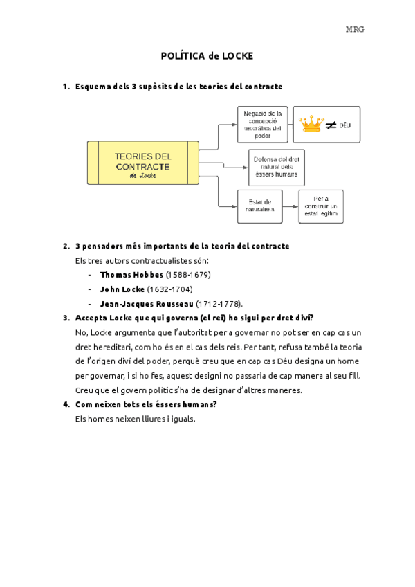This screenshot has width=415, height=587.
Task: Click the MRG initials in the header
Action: click(355, 29)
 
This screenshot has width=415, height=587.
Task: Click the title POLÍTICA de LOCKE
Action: click(207, 55)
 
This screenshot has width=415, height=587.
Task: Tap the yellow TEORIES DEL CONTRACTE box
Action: click(143, 163)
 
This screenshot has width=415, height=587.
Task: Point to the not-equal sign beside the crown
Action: click(331, 125)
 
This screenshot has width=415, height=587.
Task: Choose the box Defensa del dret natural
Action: click(277, 167)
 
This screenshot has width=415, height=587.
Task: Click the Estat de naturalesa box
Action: click(259, 206)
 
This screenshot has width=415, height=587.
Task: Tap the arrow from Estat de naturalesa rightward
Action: click(290, 206)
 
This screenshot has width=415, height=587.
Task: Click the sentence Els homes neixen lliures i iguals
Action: click(135, 419)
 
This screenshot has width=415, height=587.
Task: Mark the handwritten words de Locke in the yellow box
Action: click(143, 176)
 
